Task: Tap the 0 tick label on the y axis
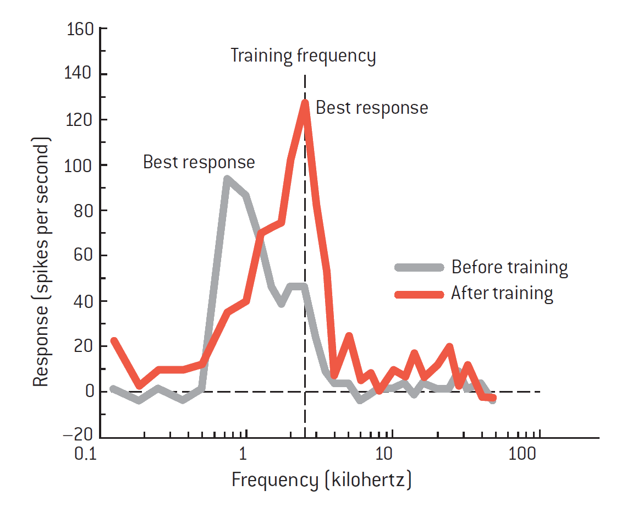pos(88,392)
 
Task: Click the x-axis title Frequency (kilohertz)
pos(321,480)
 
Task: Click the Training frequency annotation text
pos(303,56)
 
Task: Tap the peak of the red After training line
pos(304,102)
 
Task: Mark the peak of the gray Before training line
pos(226,178)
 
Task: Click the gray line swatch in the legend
pos(419,267)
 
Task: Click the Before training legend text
pos(509,267)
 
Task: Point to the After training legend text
pos(502,293)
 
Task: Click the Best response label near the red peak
pos(372,108)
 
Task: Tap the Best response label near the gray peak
pos(199,162)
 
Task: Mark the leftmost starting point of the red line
pos(114,340)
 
